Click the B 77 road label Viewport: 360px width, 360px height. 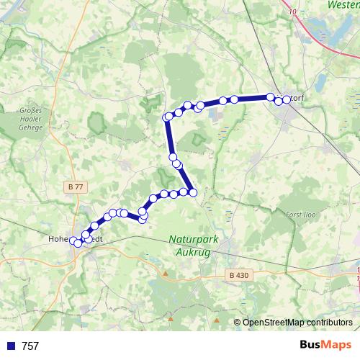[74, 186]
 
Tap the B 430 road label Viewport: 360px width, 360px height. [238, 274]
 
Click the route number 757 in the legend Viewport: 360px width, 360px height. [30, 346]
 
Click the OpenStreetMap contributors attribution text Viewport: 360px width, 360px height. [297, 322]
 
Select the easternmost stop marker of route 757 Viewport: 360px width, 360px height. [287, 99]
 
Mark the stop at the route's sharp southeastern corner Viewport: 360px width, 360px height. [193, 192]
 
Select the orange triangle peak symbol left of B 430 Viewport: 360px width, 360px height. [164, 274]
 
